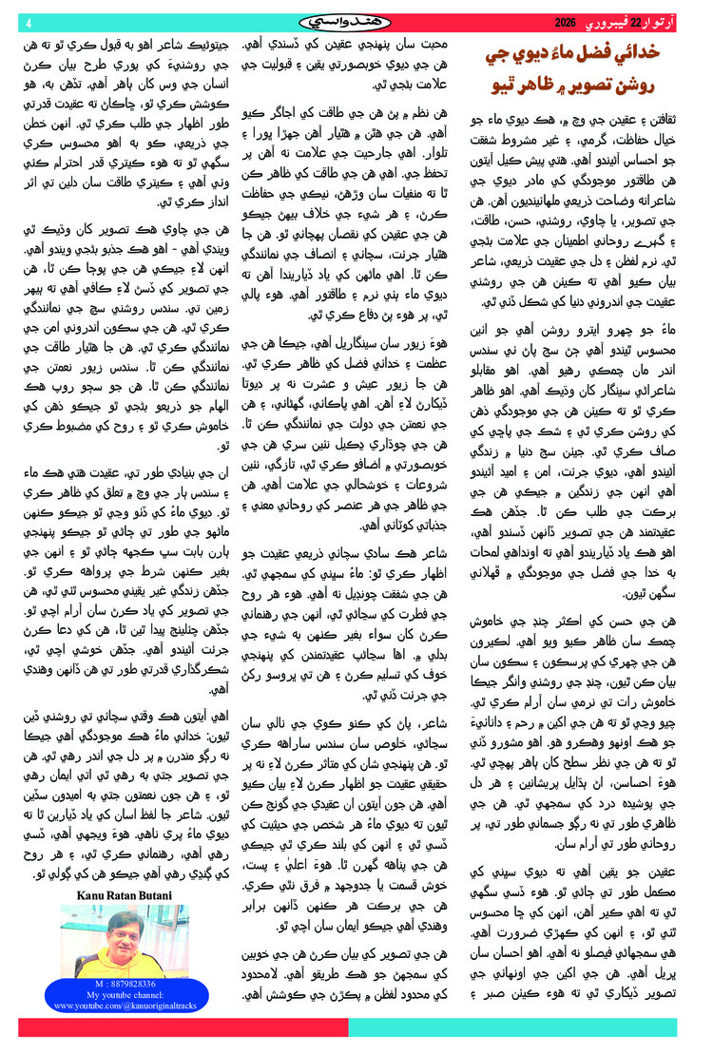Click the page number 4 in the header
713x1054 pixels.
tap(29, 23)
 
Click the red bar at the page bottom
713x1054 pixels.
tap(181, 1027)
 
